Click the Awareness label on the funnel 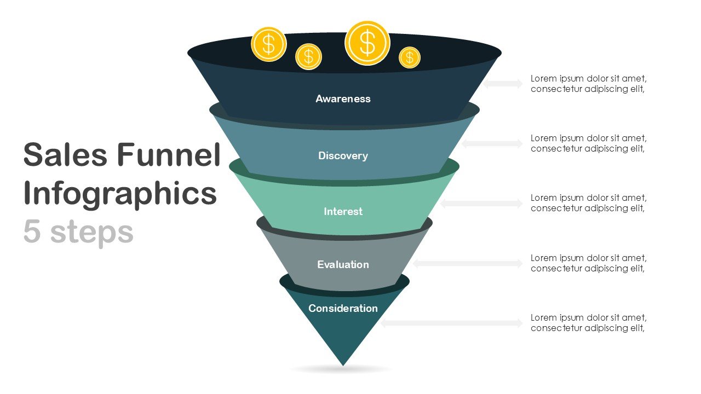point(343,99)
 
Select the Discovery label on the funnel point(343,156)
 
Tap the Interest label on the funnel point(343,212)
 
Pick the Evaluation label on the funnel point(343,265)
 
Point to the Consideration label point(343,309)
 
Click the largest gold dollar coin point(367,43)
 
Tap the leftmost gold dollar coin point(268,44)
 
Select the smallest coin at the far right point(409,57)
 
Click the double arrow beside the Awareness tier point(503,84)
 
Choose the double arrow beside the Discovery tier point(492,143)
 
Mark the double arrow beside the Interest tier point(481,204)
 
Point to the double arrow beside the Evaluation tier point(468,263)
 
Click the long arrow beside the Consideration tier point(452,323)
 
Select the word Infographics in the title point(120,194)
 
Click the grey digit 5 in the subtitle point(32,232)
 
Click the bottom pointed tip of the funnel point(343,363)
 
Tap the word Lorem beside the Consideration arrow point(544,318)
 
